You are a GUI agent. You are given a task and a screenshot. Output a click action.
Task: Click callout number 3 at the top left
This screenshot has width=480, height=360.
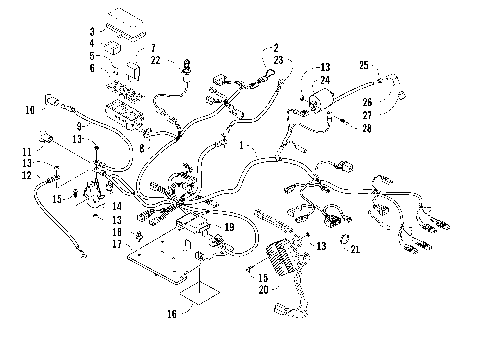(x=93, y=32)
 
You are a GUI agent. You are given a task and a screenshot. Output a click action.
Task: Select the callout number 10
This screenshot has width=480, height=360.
(x=30, y=110)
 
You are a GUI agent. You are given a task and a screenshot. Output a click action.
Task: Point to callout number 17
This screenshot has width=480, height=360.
(x=117, y=243)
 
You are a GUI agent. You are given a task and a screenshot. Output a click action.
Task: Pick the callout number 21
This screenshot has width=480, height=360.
(x=353, y=248)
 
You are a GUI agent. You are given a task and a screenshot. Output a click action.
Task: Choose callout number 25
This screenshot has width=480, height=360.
(x=363, y=65)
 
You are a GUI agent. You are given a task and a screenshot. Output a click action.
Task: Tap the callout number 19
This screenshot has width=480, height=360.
(x=230, y=228)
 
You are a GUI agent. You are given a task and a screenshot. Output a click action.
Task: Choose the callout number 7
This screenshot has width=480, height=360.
(x=153, y=47)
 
